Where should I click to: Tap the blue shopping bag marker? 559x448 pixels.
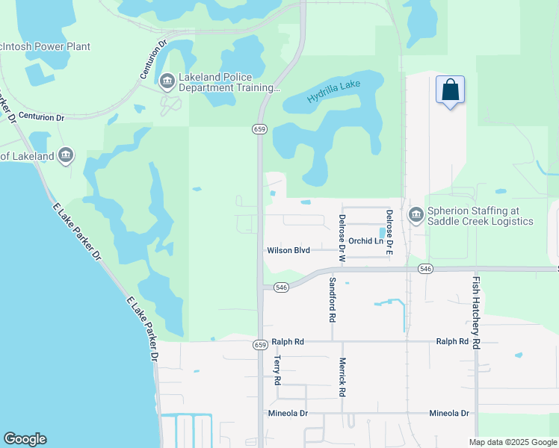click(450, 90)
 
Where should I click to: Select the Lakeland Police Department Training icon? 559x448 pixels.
click(167, 80)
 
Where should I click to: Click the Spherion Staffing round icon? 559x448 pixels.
click(415, 216)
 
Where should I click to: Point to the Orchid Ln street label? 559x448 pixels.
click(365, 241)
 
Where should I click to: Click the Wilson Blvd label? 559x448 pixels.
click(288, 251)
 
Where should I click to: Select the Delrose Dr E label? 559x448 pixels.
click(389, 232)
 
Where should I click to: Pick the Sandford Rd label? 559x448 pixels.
click(332, 300)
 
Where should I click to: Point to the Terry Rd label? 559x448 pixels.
click(277, 370)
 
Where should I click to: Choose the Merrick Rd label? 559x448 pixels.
click(342, 381)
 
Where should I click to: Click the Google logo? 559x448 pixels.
click(25, 439)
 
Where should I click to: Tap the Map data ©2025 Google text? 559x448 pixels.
click(512, 442)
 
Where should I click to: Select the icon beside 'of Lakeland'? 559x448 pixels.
click(66, 155)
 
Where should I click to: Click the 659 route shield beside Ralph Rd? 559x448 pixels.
click(259, 344)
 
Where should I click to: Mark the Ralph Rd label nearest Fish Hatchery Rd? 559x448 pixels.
click(452, 342)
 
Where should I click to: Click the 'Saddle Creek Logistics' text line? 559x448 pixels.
click(480, 222)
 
